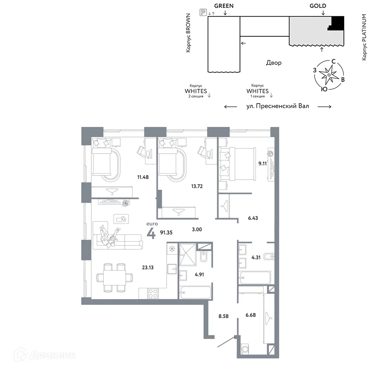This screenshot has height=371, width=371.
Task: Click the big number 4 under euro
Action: (151, 234)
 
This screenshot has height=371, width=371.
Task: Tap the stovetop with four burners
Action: (153, 293)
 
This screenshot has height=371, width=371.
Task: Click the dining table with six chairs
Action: (114, 277)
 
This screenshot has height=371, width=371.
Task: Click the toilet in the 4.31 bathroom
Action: (270, 256)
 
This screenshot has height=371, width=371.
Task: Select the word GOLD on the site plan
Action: (318, 6)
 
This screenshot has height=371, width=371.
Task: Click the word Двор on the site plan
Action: (273, 63)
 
